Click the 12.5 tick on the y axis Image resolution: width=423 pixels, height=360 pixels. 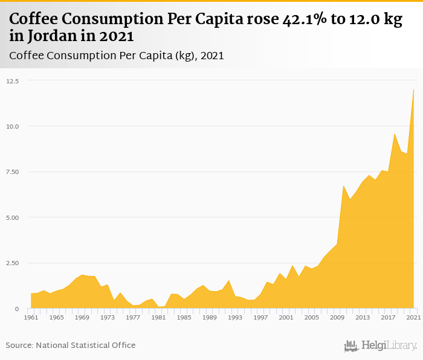(13, 81)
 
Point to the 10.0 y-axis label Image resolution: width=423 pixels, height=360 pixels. (13, 126)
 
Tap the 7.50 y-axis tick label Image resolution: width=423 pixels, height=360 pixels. (13, 172)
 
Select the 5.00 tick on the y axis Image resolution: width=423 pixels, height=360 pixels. (13, 217)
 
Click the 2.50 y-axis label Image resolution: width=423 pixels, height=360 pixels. (13, 263)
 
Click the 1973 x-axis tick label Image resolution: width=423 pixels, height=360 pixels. (108, 317)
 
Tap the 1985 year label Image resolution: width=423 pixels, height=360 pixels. (184, 317)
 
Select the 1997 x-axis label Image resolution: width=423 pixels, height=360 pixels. (260, 317)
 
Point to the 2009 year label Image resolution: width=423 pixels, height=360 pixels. (337, 317)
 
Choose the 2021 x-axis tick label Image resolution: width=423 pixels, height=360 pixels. (413, 317)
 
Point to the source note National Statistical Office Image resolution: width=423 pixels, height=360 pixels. (85, 345)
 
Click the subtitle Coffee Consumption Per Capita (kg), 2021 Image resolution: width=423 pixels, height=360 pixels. (117, 56)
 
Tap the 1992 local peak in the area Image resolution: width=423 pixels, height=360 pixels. (228, 280)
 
